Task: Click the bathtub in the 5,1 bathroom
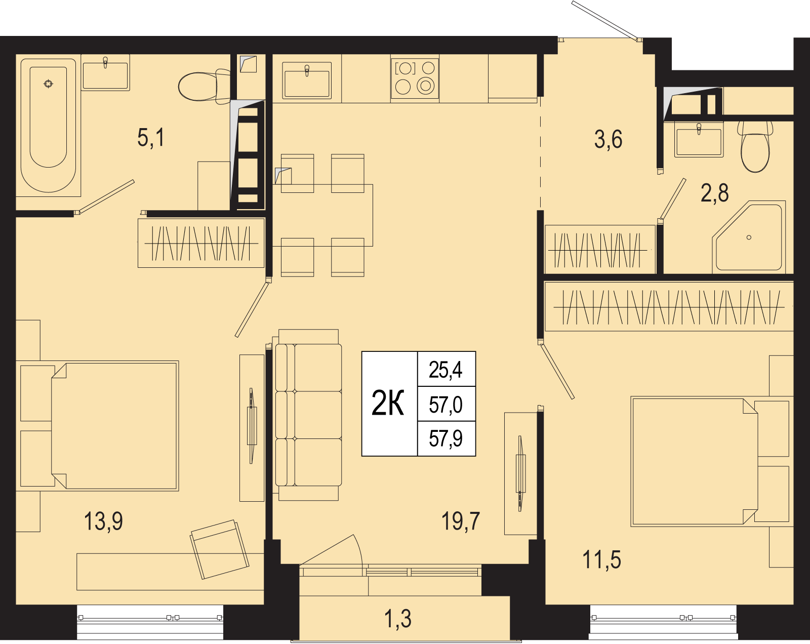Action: (x=48, y=126)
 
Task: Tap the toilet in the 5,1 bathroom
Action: (x=205, y=87)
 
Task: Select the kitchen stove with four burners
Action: (x=415, y=78)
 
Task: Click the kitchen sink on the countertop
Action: (x=307, y=80)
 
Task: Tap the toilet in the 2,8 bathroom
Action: (x=755, y=147)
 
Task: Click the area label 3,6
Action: (x=608, y=139)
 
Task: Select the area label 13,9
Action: (x=103, y=521)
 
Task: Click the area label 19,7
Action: (x=460, y=521)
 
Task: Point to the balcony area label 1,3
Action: (x=398, y=619)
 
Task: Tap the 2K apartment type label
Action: (x=388, y=403)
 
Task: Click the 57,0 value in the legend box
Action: (x=446, y=405)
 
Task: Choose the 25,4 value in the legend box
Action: (x=446, y=370)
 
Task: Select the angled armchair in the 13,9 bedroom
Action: (x=219, y=550)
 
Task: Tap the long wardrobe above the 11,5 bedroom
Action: (x=669, y=307)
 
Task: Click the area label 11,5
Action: (x=601, y=559)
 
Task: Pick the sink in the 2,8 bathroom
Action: (x=699, y=139)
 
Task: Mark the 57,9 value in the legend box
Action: (x=446, y=438)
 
